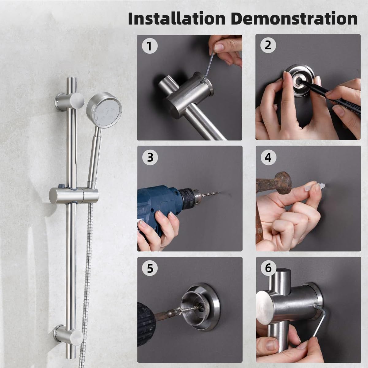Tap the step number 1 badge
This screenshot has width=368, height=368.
click(149, 46)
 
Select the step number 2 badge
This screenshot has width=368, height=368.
click(268, 45)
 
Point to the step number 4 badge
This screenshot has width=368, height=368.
click(268, 158)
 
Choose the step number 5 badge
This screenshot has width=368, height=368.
click(150, 268)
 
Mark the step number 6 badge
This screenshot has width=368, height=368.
click(268, 268)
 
